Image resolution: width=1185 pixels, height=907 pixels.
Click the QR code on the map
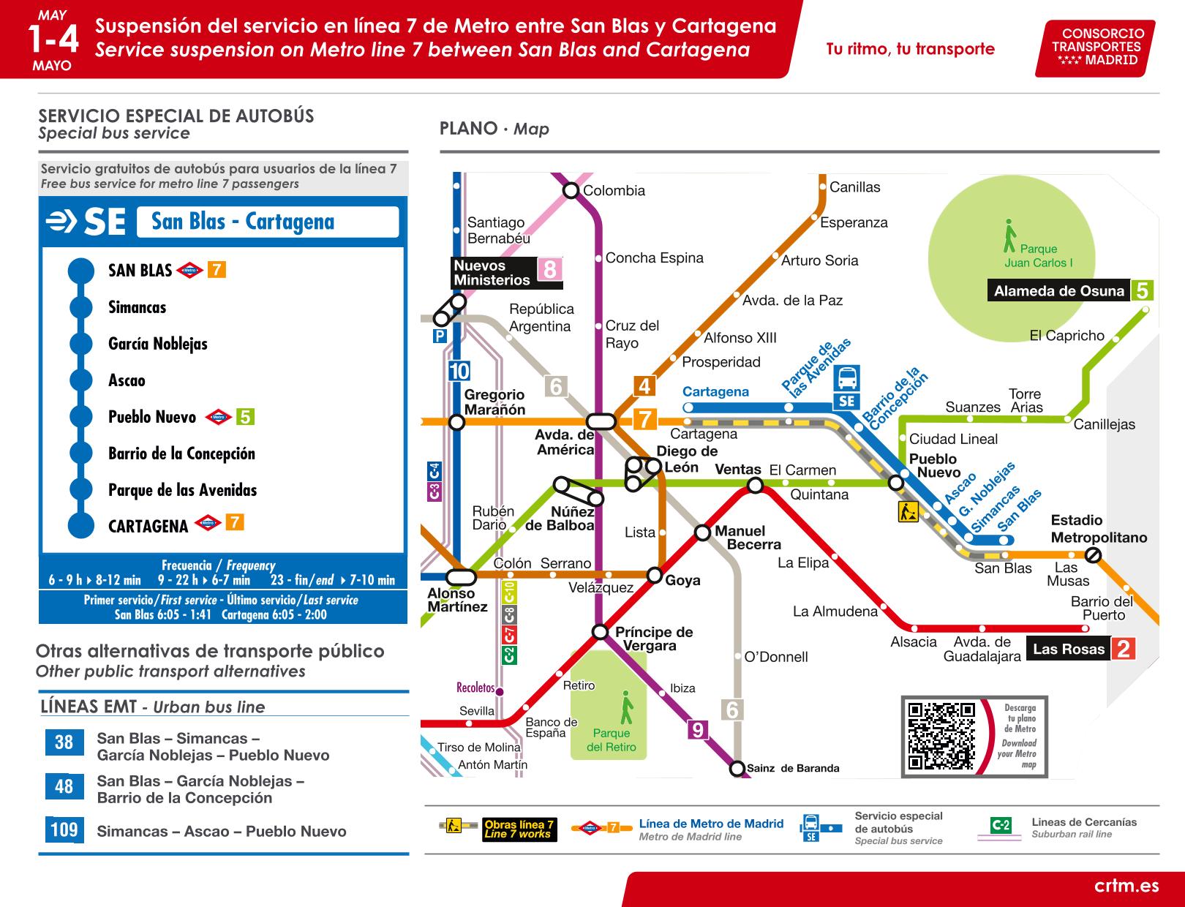pyautogui.click(x=941, y=737)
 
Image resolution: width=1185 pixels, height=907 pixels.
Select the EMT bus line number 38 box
pyautogui.click(x=64, y=742)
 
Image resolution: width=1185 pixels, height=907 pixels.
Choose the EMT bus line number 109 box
pyautogui.click(x=64, y=830)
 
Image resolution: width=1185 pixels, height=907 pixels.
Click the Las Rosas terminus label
pyautogui.click(x=1069, y=649)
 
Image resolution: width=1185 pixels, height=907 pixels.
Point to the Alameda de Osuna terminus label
pyautogui.click(x=1058, y=291)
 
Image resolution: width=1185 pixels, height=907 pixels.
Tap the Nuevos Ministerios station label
pyautogui.click(x=492, y=273)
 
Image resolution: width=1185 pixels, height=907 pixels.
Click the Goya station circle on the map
pyautogui.click(x=655, y=575)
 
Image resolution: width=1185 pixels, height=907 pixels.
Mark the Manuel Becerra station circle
pyautogui.click(x=702, y=532)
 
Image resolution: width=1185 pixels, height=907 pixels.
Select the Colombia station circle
pyautogui.click(x=571, y=191)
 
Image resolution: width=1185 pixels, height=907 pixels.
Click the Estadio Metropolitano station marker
pyautogui.click(x=1093, y=555)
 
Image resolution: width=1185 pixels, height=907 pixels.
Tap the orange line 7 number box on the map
pyautogui.click(x=644, y=420)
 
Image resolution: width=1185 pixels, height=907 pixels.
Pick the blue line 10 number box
pyautogui.click(x=459, y=371)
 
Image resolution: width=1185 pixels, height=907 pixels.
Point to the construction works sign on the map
pyautogui.click(x=908, y=511)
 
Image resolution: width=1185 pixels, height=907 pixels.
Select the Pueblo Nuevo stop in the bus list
pyautogui.click(x=152, y=417)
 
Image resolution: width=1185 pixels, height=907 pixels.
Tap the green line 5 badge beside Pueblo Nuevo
pyautogui.click(x=245, y=417)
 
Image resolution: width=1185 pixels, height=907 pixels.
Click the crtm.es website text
pyautogui.click(x=1126, y=885)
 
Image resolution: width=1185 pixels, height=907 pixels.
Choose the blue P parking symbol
pyautogui.click(x=439, y=336)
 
